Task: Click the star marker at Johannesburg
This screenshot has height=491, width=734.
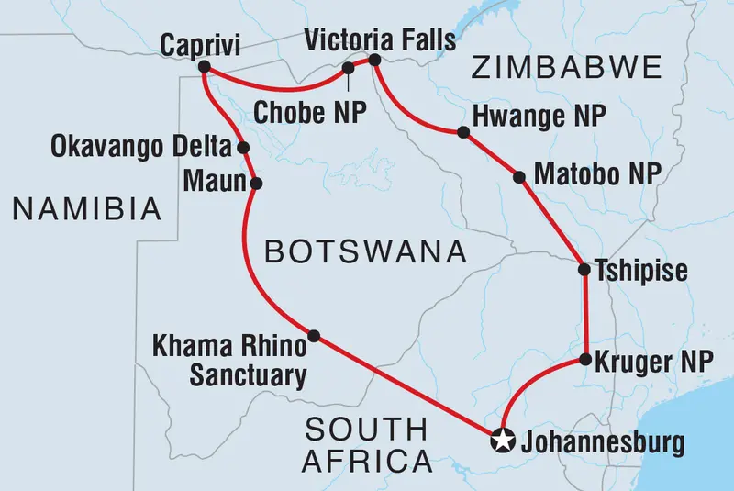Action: click(502, 441)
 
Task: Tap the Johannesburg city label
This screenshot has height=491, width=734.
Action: click(602, 443)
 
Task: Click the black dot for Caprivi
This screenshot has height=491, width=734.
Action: click(204, 67)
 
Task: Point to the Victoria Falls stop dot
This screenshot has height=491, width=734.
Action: click(374, 61)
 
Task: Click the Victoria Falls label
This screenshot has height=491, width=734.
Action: click(379, 39)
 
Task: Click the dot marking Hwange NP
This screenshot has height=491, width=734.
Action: click(463, 133)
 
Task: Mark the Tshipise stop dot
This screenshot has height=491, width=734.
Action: click(584, 270)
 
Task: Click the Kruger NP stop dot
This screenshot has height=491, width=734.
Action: click(584, 361)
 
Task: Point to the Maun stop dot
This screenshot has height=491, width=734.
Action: click(256, 183)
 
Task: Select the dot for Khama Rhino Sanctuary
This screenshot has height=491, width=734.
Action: click(314, 336)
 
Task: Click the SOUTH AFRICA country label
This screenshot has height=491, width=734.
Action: click(367, 443)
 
